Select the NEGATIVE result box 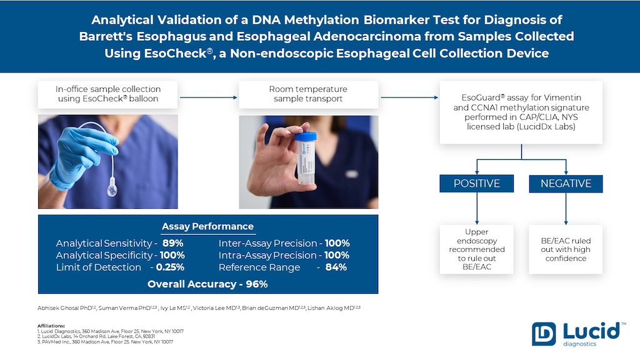click(566, 184)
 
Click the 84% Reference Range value click(335, 267)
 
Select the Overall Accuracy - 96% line click(207, 284)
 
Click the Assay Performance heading click(207, 226)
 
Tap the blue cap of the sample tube click(306, 137)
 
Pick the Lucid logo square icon click(543, 334)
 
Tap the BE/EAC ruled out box click(566, 249)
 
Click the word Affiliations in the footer click(51, 326)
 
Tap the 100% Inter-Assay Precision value click(336, 243)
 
